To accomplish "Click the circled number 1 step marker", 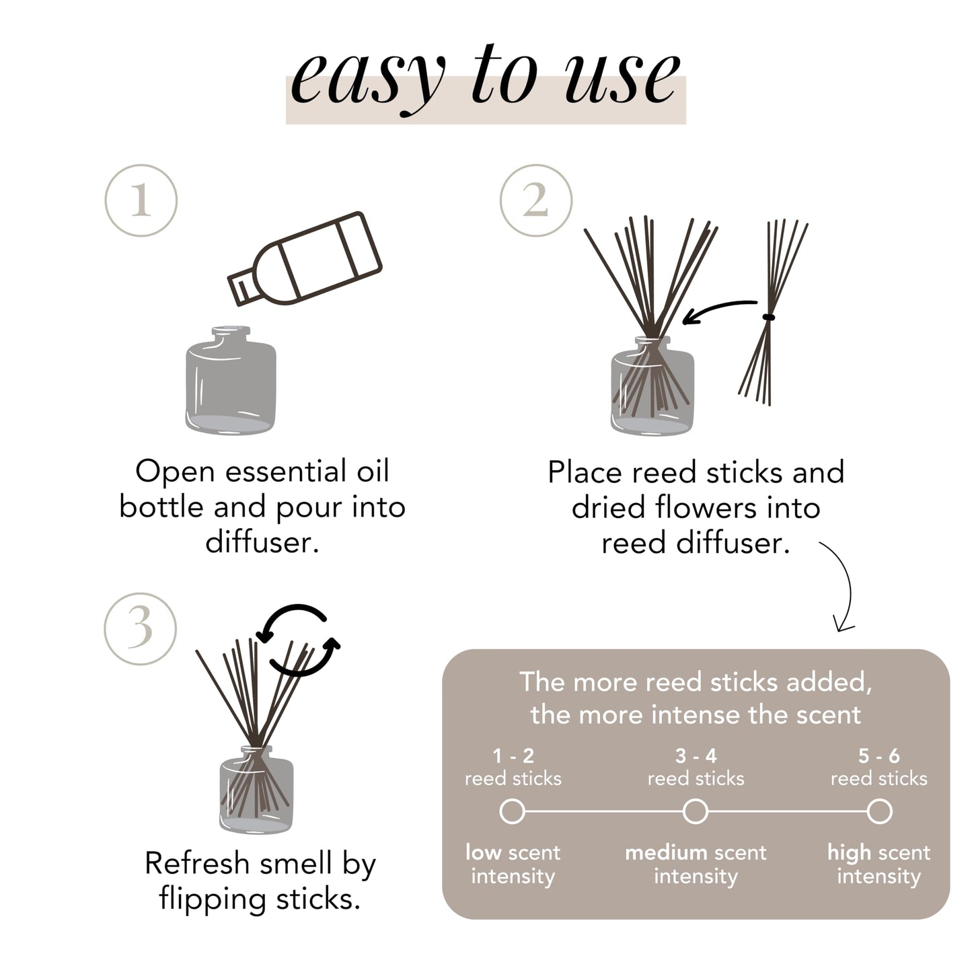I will click(141, 200).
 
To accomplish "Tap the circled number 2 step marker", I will click(536, 200).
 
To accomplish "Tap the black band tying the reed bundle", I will click(769, 317).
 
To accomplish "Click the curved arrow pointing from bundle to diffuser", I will click(718, 311).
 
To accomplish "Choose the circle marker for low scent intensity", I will click(513, 811).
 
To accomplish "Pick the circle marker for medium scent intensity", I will click(696, 811).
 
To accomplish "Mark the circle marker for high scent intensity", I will click(878, 811).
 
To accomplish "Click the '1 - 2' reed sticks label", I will click(513, 756).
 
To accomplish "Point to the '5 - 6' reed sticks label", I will click(878, 756).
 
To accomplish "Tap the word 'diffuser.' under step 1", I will click(262, 542).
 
